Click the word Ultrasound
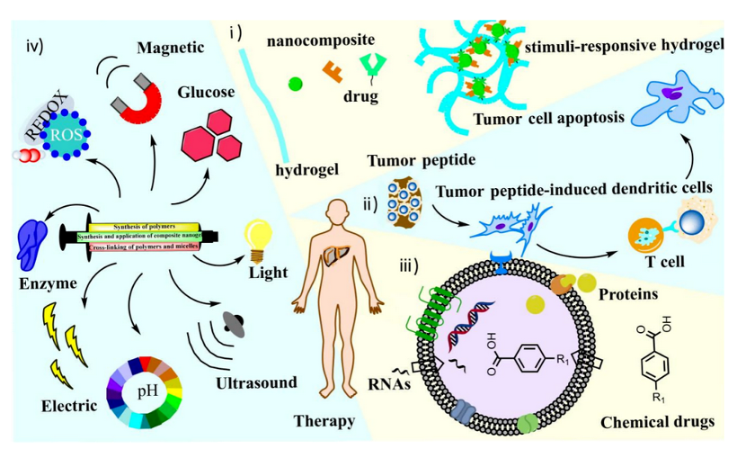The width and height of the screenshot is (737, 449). pos(256,383)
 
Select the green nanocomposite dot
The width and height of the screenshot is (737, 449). pos(294,84)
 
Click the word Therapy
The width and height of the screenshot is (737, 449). pos(324,420)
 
